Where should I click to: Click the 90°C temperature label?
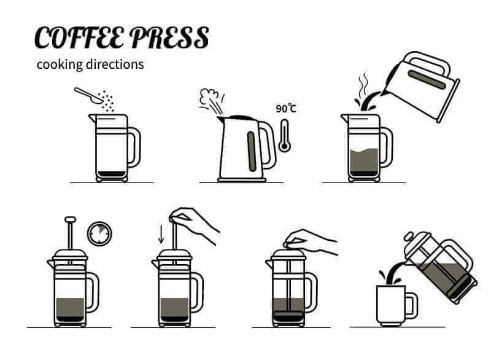pyautogui.click(x=286, y=109)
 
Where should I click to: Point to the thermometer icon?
pyautogui.click(x=284, y=136)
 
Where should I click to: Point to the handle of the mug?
pyautogui.click(x=411, y=305)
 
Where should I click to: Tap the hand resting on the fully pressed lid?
pyautogui.click(x=313, y=241)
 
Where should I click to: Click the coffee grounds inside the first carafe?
pyautogui.click(x=111, y=174)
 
